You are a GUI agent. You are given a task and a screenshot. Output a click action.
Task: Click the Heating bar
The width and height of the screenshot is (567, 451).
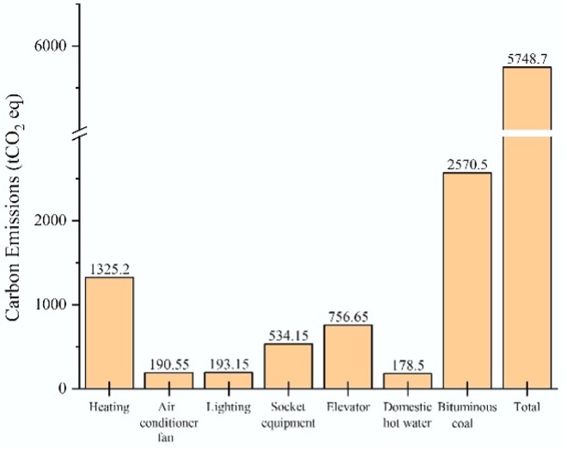click(x=109, y=332)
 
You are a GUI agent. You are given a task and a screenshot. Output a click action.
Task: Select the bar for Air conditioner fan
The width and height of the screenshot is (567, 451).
click(x=168, y=381)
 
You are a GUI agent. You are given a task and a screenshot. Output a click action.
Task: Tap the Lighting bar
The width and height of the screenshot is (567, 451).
click(x=229, y=381)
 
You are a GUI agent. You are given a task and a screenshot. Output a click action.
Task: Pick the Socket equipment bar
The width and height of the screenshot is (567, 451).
click(x=288, y=366)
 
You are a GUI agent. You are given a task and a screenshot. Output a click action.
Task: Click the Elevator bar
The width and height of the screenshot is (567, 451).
click(x=348, y=357)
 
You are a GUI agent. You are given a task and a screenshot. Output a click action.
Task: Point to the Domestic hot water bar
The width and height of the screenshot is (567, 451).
click(x=407, y=381)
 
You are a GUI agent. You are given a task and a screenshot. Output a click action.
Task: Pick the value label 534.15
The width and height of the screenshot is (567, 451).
click(x=288, y=335)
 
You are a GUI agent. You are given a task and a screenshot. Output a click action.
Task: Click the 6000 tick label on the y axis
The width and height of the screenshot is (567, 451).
click(x=52, y=46)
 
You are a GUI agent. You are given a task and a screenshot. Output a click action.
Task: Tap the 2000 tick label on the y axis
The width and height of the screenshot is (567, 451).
click(x=52, y=221)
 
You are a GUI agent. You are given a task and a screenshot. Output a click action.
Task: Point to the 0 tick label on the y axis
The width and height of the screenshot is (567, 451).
click(x=64, y=388)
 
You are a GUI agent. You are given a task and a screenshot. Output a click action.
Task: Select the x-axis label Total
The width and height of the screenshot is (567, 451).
click(x=527, y=406)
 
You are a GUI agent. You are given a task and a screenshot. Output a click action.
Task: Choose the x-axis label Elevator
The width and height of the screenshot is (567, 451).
click(x=348, y=406)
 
